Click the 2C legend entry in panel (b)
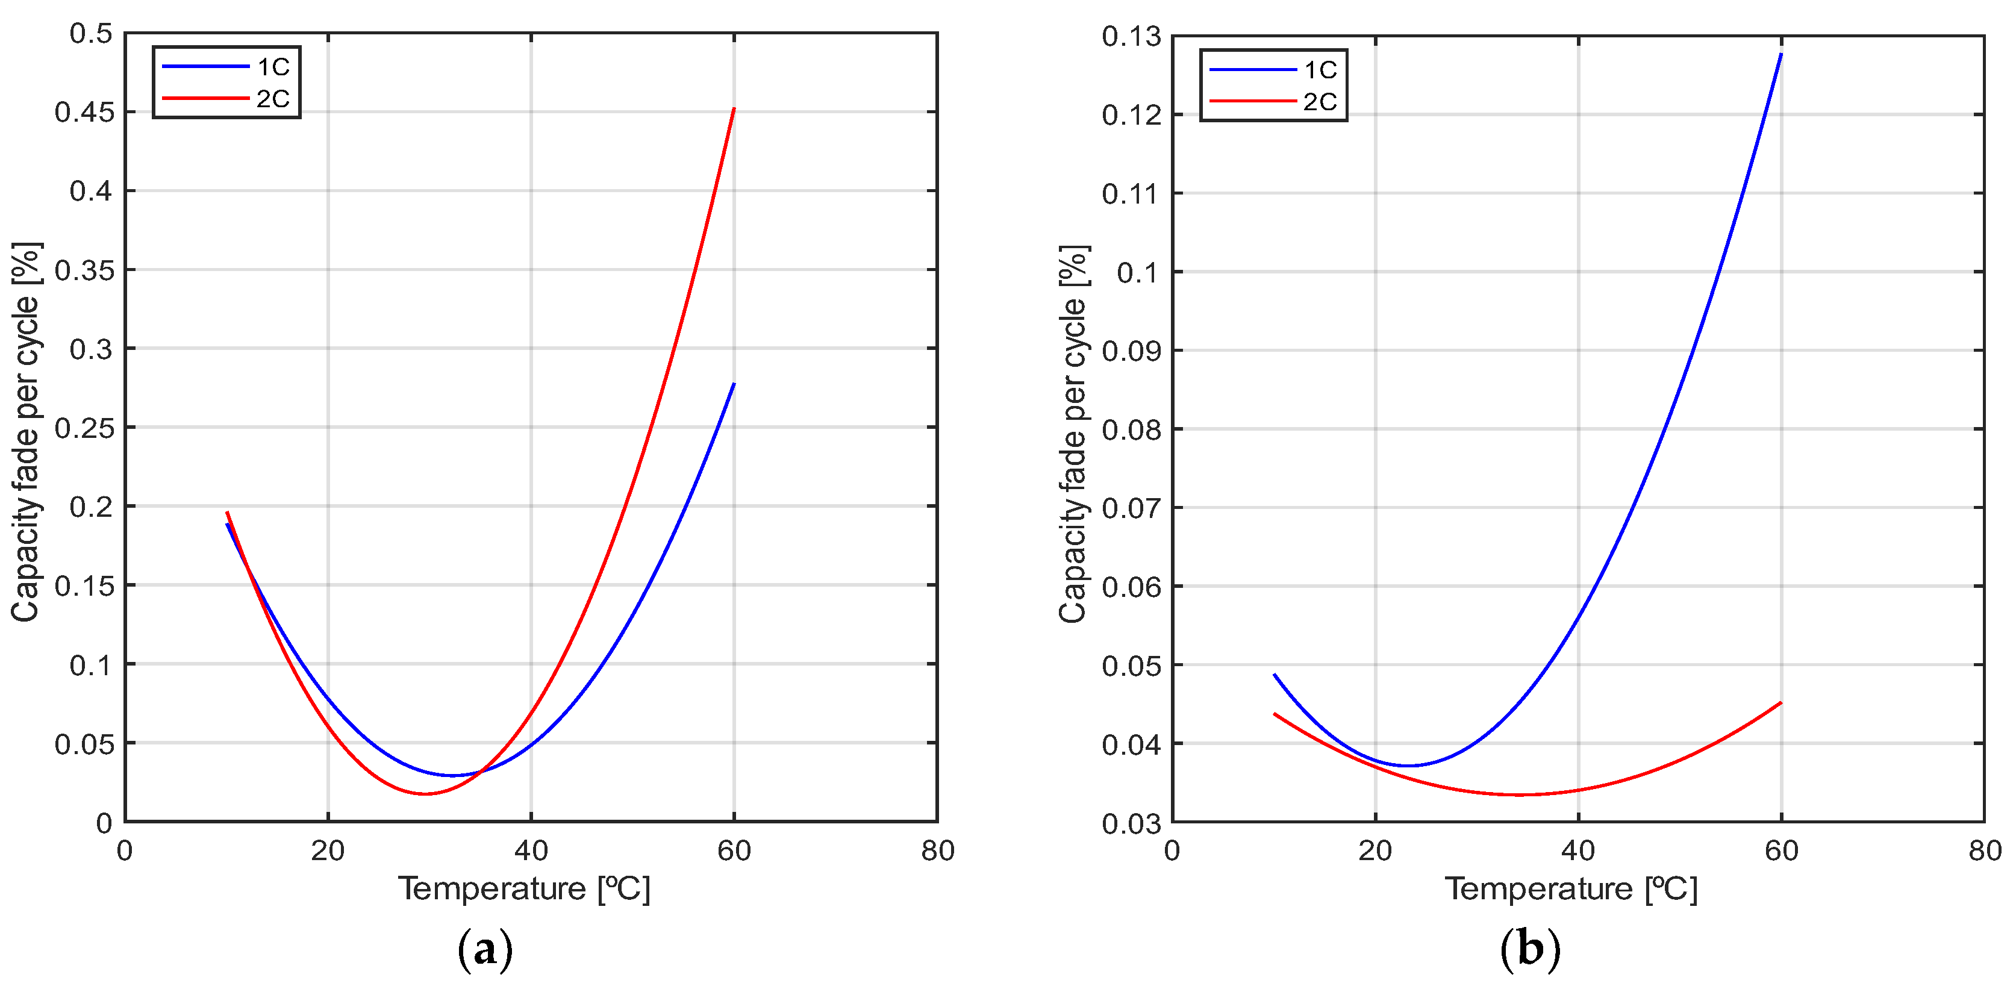(1274, 102)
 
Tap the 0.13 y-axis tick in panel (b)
(1132, 37)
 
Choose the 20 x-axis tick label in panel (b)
(1375, 850)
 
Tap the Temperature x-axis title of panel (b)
(1571, 890)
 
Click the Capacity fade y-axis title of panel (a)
(26, 432)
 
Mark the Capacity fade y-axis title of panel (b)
(1073, 434)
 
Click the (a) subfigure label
(485, 949)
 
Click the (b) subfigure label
(1530, 949)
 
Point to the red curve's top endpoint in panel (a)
(734, 109)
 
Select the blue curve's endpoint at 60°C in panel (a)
(734, 384)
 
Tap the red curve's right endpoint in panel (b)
(1781, 703)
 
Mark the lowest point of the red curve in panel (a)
(425, 793)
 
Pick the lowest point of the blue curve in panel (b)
(1409, 766)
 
